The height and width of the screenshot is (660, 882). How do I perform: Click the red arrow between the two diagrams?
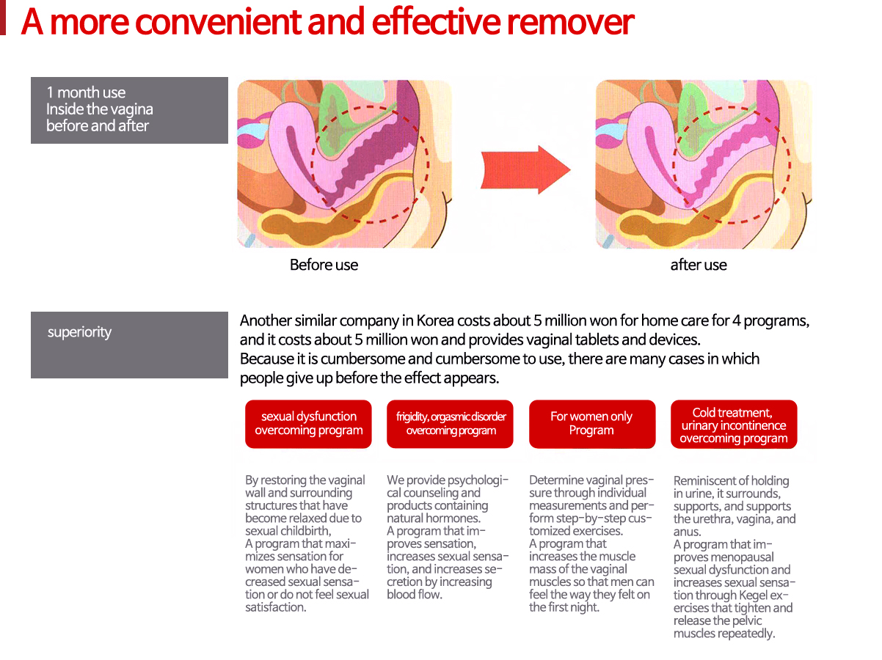point(525,169)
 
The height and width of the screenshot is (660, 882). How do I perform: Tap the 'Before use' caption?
point(324,265)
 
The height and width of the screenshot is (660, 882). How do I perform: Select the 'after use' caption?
point(698,265)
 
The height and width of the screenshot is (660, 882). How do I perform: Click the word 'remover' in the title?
point(570,23)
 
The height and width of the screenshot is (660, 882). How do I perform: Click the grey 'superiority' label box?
point(129,345)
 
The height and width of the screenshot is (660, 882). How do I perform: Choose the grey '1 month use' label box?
point(129,111)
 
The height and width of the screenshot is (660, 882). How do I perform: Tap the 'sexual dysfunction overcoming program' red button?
point(308,424)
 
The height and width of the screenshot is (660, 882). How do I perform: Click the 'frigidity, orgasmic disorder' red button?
point(450,424)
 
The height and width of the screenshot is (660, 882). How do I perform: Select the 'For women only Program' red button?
point(592,424)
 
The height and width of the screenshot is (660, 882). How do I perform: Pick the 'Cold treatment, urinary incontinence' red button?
point(734,424)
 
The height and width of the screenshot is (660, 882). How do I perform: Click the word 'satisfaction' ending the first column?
point(276,607)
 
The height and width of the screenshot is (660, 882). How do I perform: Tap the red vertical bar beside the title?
point(2,18)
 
